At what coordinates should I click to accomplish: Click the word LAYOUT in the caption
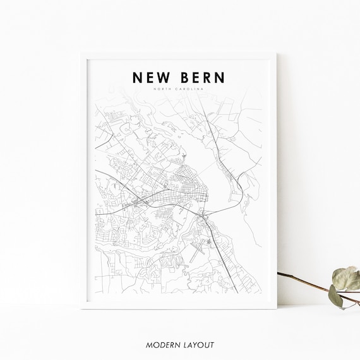point(199,345)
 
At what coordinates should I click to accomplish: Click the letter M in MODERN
point(148,345)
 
